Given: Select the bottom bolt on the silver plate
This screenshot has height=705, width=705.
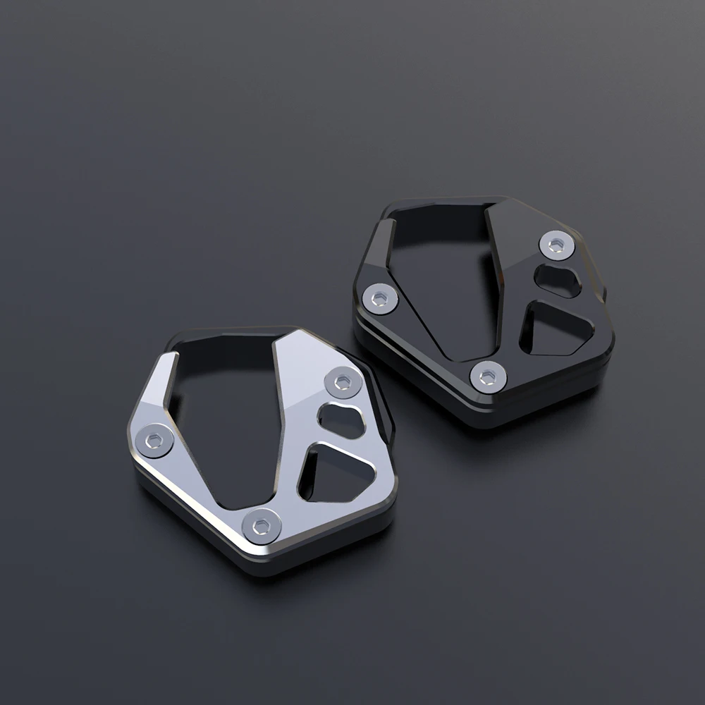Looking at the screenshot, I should (262, 525).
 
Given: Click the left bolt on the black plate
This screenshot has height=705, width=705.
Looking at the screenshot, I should (381, 298).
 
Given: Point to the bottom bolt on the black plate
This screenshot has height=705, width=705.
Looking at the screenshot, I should (488, 376).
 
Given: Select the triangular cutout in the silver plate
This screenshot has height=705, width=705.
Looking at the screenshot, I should (330, 472).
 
